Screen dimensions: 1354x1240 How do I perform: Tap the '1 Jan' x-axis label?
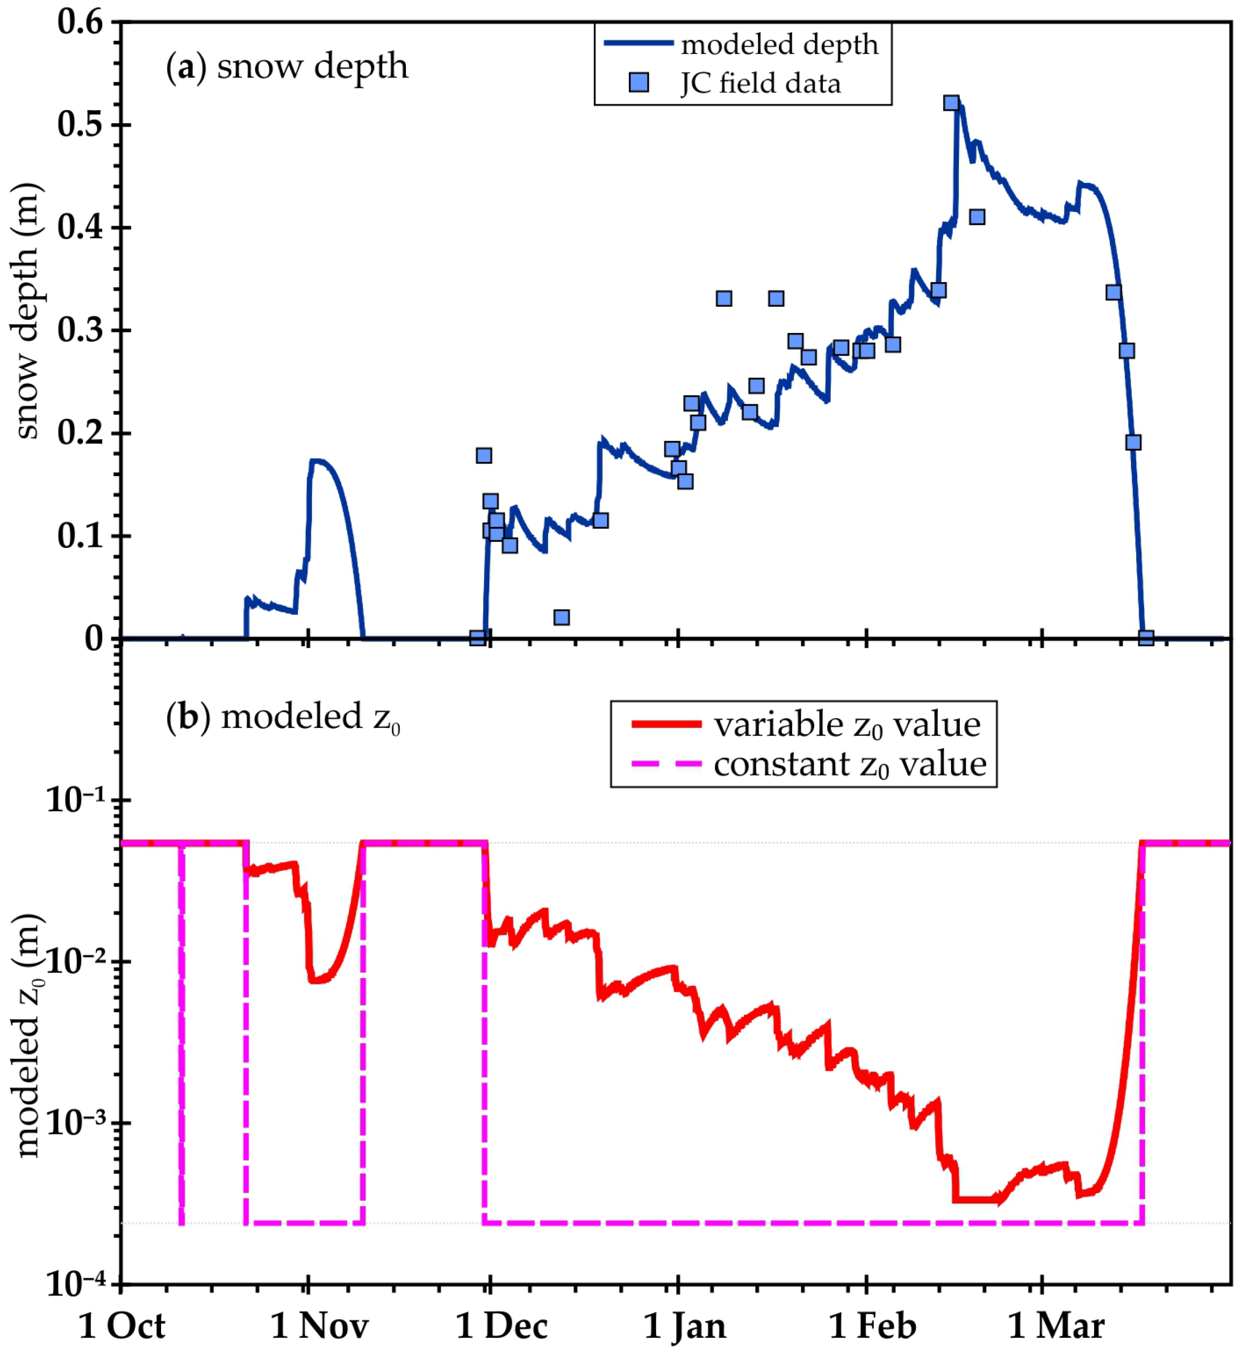[685, 1326]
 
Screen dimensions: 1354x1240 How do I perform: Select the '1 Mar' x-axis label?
[1056, 1326]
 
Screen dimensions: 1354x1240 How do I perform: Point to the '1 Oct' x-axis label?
[122, 1326]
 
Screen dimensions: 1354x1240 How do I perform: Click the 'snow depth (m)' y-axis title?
[27, 311]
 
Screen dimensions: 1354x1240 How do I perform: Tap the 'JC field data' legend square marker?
[639, 83]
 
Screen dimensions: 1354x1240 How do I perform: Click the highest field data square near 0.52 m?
[951, 103]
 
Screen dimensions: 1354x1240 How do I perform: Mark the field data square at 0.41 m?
[977, 217]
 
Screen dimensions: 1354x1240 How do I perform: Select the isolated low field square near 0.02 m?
[562, 617]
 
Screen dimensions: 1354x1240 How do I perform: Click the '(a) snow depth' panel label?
[287, 67]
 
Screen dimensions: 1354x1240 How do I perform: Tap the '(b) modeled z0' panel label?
[283, 717]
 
